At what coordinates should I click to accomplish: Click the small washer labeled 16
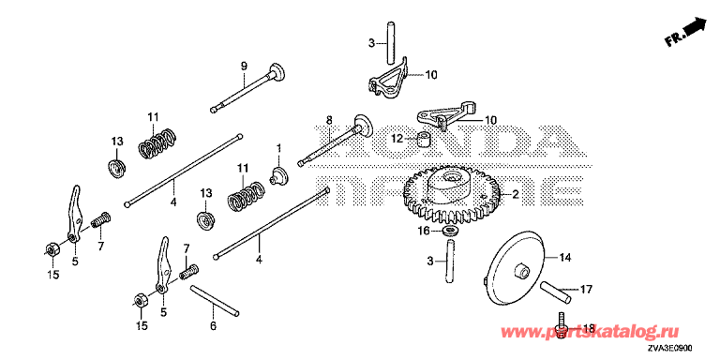coord(450,230)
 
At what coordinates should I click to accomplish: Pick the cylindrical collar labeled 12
coord(424,139)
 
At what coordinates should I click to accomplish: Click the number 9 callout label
coord(244,67)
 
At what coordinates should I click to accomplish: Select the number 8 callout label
coord(328,120)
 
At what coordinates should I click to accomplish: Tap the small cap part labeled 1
coord(278,175)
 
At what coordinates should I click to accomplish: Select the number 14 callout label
coord(564,259)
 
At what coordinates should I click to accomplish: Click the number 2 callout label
coord(516,195)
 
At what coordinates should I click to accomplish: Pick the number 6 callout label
coord(214,326)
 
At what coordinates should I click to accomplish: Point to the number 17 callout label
coord(586,290)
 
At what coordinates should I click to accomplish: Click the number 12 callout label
coord(397,137)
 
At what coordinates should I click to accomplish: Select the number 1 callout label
coord(277,148)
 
